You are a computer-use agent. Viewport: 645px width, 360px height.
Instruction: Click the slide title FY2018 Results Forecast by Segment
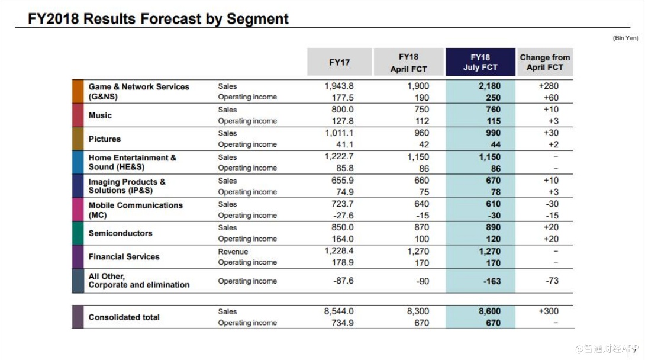click(x=159, y=19)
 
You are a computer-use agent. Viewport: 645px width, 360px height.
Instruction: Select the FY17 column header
click(x=339, y=62)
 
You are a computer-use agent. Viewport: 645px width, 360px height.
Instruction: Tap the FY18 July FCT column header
click(x=480, y=62)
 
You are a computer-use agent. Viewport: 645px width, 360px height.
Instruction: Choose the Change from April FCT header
click(x=544, y=62)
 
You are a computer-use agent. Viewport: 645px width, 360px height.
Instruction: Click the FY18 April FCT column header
click(x=408, y=62)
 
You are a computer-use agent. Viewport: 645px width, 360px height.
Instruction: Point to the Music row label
click(x=100, y=115)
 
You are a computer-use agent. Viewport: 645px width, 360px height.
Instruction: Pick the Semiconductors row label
click(x=120, y=233)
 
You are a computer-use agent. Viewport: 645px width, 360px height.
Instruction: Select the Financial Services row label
click(x=124, y=257)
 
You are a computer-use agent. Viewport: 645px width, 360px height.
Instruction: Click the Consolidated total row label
click(x=124, y=317)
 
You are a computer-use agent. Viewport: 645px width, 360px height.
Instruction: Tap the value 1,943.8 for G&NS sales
click(x=339, y=86)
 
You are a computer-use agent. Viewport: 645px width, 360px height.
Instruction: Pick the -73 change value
click(x=552, y=281)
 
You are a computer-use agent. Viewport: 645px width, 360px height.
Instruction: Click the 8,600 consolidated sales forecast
click(x=489, y=311)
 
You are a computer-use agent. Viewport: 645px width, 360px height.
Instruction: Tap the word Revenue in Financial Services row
click(x=233, y=252)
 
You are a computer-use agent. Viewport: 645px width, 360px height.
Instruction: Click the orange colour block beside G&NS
click(x=78, y=92)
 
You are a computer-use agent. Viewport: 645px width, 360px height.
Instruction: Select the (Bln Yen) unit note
click(x=625, y=38)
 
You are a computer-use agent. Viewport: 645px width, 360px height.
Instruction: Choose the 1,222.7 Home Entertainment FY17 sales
click(x=339, y=157)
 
